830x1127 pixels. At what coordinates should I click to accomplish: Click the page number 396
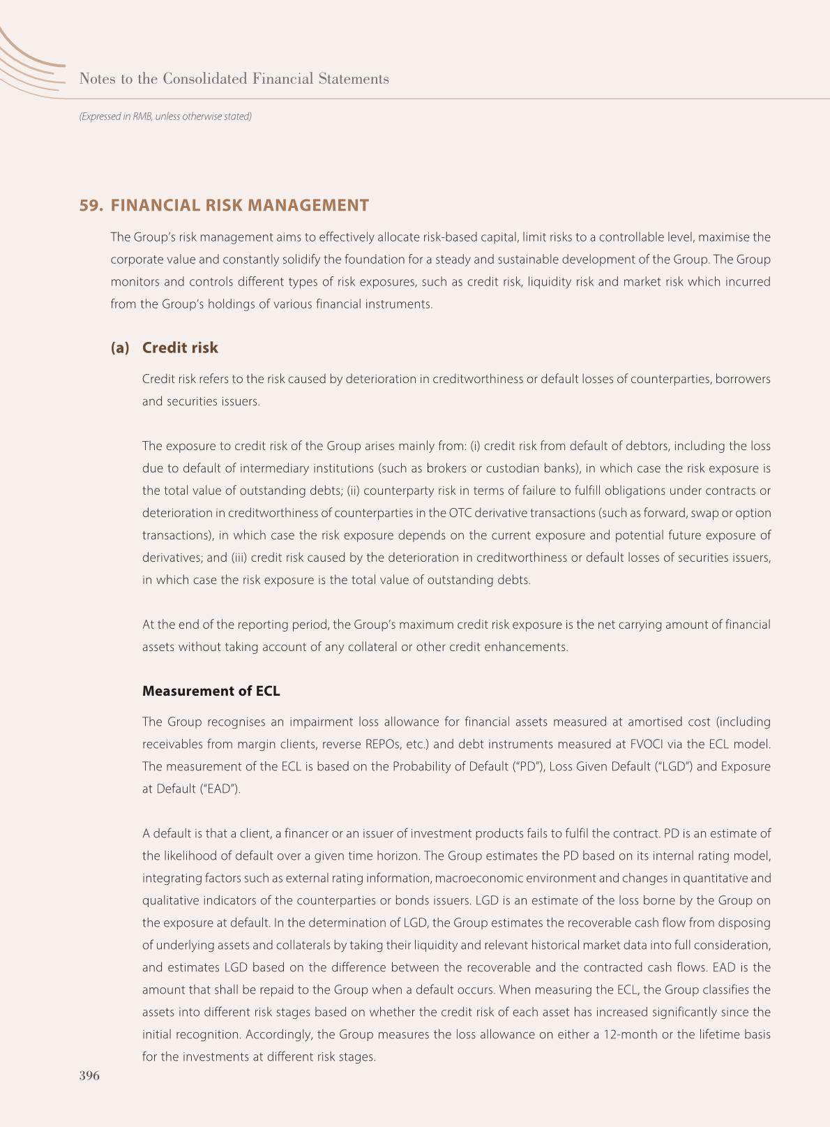[x=89, y=1075]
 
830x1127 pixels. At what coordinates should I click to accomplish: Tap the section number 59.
[x=91, y=205]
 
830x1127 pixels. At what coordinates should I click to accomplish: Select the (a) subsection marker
[x=120, y=348]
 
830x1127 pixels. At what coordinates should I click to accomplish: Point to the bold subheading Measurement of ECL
[x=211, y=691]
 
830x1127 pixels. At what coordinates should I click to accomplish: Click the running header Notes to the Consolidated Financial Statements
[x=234, y=79]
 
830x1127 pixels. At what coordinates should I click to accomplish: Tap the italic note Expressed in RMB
[x=165, y=117]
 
